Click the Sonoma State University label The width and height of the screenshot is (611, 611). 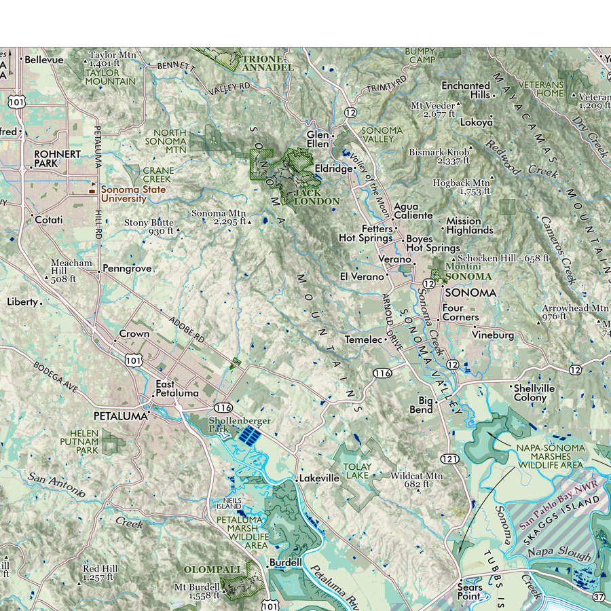pyautogui.click(x=133, y=193)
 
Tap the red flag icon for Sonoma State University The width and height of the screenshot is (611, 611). pyautogui.click(x=93, y=183)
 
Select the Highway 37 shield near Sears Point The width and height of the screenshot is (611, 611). pyautogui.click(x=599, y=597)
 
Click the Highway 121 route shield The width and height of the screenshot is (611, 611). pyautogui.click(x=453, y=460)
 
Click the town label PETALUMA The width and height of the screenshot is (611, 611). pyautogui.click(x=120, y=415)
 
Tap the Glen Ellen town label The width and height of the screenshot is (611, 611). pyautogui.click(x=318, y=139)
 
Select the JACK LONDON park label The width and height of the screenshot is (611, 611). pyautogui.click(x=316, y=197)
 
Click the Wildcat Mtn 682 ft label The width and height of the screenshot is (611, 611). pyautogui.click(x=415, y=480)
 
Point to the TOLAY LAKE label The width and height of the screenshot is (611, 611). pyautogui.click(x=357, y=471)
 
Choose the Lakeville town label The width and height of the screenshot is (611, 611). pyautogui.click(x=319, y=478)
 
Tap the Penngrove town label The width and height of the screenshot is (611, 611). pyautogui.click(x=128, y=269)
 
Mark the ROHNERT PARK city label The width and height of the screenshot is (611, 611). pyautogui.click(x=57, y=159)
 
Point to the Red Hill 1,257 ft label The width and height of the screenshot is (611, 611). pyautogui.click(x=100, y=573)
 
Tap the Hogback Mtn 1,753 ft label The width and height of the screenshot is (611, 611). pyautogui.click(x=461, y=187)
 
